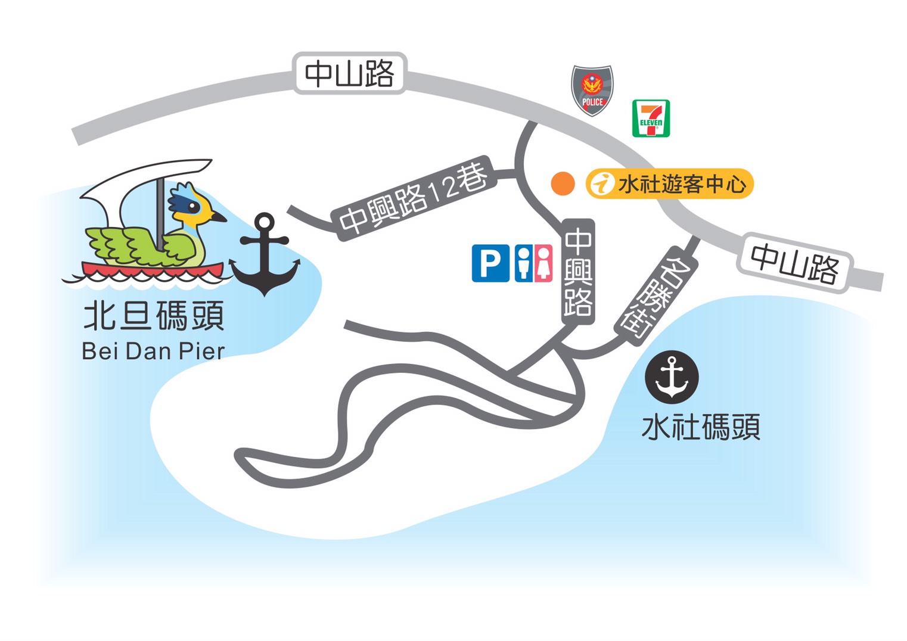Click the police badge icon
coord(592,90)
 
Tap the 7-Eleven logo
coord(651,119)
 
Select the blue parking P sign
coord(490,263)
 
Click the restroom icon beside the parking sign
coord(533,263)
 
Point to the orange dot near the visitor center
coord(563,184)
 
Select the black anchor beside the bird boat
coord(265,255)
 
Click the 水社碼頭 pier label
coord(701,427)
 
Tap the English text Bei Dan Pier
coord(153,351)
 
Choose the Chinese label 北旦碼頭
coord(154,316)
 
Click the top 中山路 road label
coord(350,74)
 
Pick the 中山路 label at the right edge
coord(795,263)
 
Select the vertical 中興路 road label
coord(578,272)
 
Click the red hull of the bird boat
coord(152,269)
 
